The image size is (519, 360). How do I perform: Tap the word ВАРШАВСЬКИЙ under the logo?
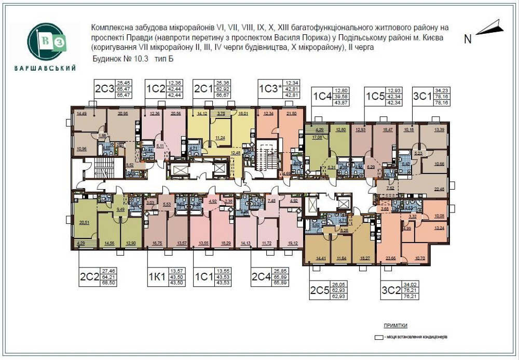click(50, 68)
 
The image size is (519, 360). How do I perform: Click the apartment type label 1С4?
click(322, 97)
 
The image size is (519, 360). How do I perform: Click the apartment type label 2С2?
click(90, 276)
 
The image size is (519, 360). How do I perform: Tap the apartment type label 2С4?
click(262, 276)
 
